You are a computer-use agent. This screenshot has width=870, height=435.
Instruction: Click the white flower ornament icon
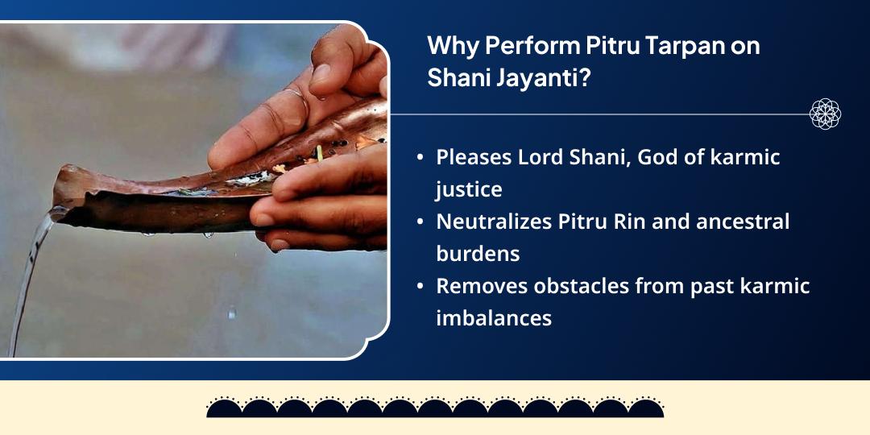[825, 114]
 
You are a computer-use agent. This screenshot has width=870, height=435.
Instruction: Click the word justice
[469, 189]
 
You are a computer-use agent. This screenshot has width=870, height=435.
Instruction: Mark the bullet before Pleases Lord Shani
[420, 158]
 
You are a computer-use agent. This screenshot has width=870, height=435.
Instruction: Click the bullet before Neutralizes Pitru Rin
[420, 222]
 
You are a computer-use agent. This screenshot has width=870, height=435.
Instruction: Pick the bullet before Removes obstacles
[420, 286]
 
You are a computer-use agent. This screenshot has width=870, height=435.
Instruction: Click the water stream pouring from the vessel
[32, 266]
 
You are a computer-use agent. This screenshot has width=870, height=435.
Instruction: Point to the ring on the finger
[297, 103]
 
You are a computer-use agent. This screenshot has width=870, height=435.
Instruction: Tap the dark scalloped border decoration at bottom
[435, 408]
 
